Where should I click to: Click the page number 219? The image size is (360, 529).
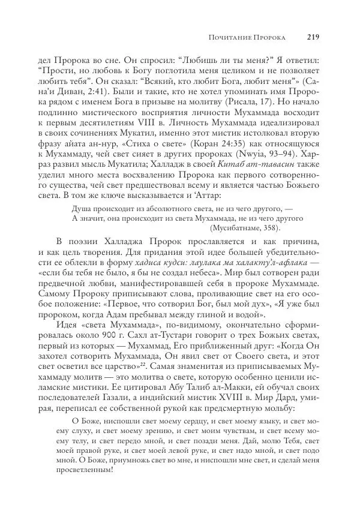pyautogui.click(x=312, y=37)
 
